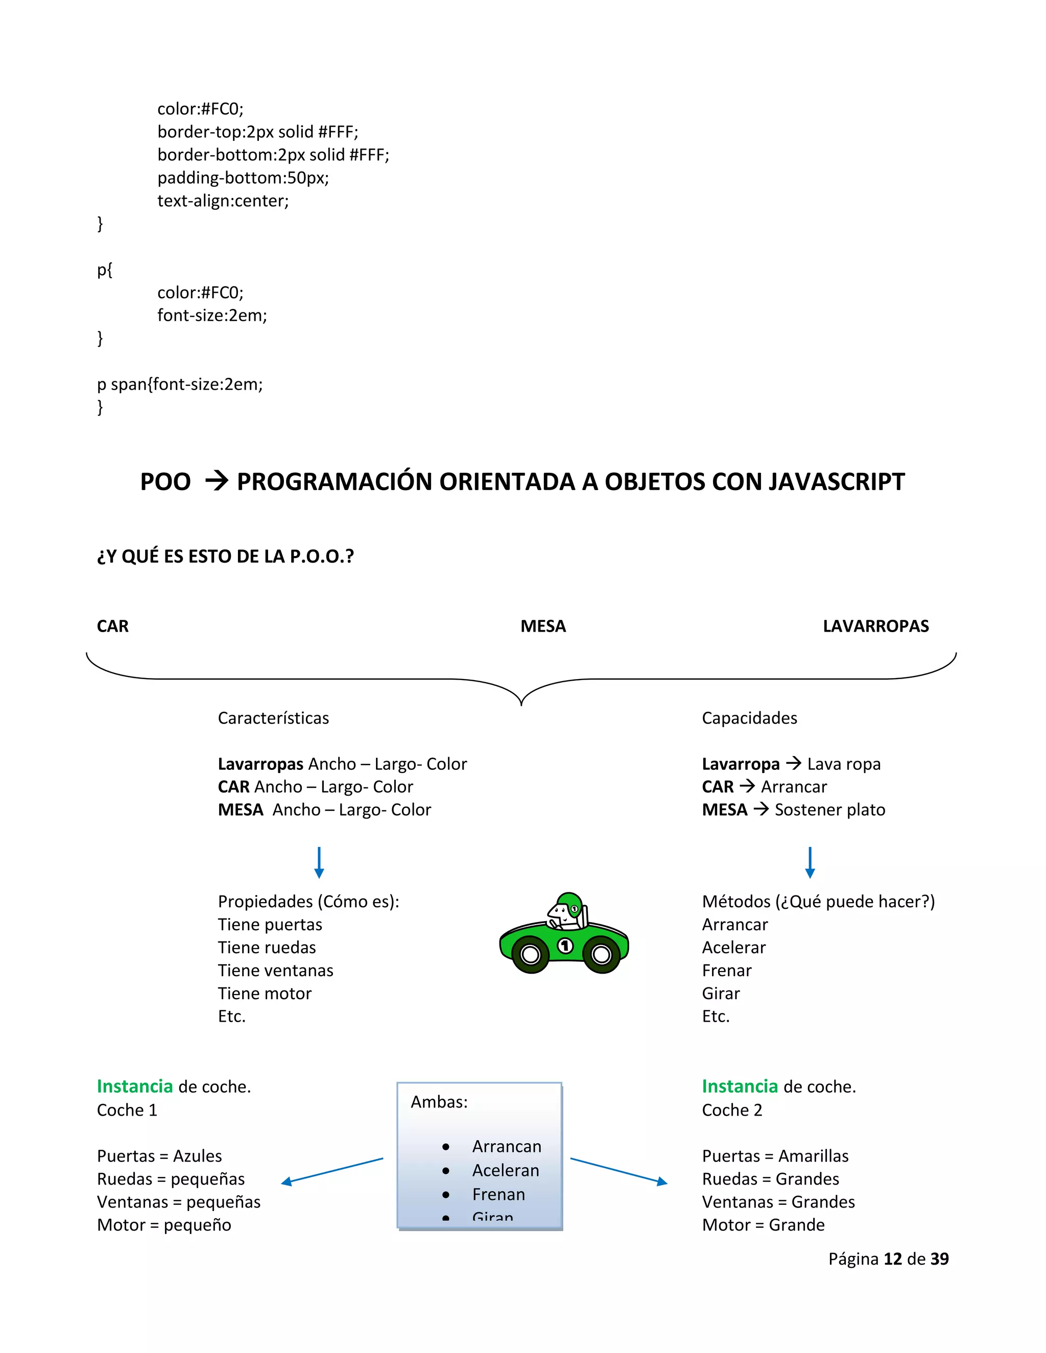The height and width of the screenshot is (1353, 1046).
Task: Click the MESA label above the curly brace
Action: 543,626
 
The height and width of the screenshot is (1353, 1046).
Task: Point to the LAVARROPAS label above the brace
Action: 875,626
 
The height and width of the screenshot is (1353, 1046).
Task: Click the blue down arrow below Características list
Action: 319,862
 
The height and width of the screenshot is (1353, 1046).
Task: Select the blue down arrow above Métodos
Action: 810,862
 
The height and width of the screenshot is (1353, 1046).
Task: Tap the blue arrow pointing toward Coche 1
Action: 331,1171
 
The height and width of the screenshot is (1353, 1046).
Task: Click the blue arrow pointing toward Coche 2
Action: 619,1171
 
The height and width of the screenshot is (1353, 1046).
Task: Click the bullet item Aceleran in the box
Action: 506,1170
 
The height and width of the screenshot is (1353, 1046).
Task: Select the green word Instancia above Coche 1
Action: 135,1086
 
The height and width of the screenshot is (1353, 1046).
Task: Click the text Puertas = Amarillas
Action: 775,1156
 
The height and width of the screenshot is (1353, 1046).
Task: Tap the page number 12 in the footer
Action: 892,1259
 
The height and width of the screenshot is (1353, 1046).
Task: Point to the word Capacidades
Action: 749,718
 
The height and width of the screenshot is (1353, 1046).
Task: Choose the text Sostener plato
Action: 830,810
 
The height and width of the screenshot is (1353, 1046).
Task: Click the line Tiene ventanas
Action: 275,970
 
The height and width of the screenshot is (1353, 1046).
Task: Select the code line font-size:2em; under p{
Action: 212,316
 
